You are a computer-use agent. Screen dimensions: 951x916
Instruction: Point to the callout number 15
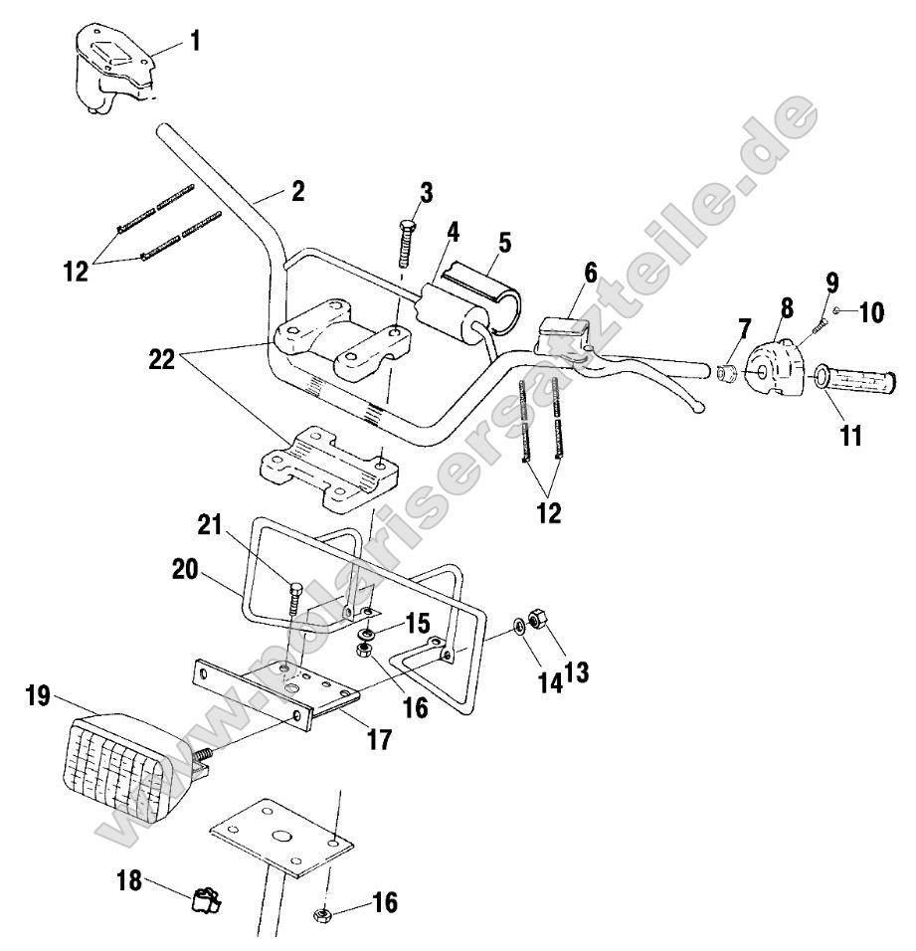pyautogui.click(x=419, y=624)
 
